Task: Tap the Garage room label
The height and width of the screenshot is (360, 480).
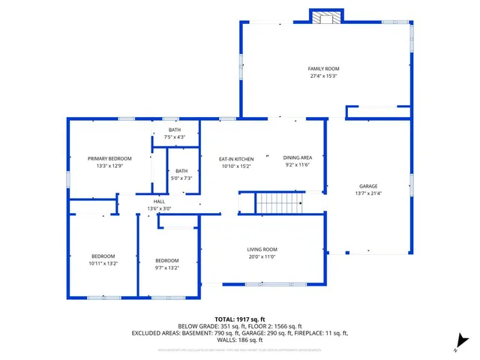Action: (368, 186)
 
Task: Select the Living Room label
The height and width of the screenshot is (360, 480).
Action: (262, 249)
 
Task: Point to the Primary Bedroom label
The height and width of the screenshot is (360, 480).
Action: (109, 158)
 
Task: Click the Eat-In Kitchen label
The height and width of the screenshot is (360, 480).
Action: (236, 159)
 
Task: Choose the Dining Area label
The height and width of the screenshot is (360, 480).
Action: (297, 157)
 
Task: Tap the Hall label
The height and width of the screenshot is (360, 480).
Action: (159, 201)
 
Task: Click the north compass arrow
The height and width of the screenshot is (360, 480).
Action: (464, 341)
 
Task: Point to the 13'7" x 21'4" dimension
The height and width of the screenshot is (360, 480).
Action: (368, 193)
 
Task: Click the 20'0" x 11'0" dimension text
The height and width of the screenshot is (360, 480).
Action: (262, 256)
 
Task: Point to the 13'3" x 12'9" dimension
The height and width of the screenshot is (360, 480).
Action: (109, 166)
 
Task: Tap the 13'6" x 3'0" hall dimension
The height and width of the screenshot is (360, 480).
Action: (159, 208)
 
